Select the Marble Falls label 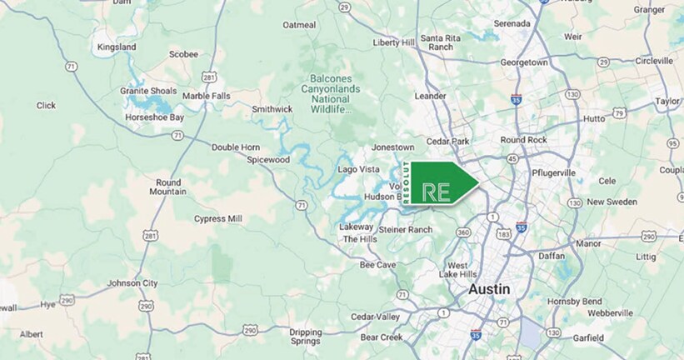pyautogui.click(x=206, y=96)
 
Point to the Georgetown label pyautogui.click(x=523, y=62)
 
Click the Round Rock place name pyautogui.click(x=523, y=140)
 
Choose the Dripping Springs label pyautogui.click(x=305, y=337)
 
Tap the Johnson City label pyautogui.click(x=132, y=282)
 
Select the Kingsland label pyautogui.click(x=117, y=47)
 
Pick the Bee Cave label pyautogui.click(x=377, y=264)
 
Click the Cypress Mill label pyautogui.click(x=217, y=218)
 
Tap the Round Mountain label pyautogui.click(x=168, y=187)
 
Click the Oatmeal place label pyautogui.click(x=300, y=25)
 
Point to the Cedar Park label pyautogui.click(x=449, y=141)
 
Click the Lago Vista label pyautogui.click(x=358, y=169)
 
